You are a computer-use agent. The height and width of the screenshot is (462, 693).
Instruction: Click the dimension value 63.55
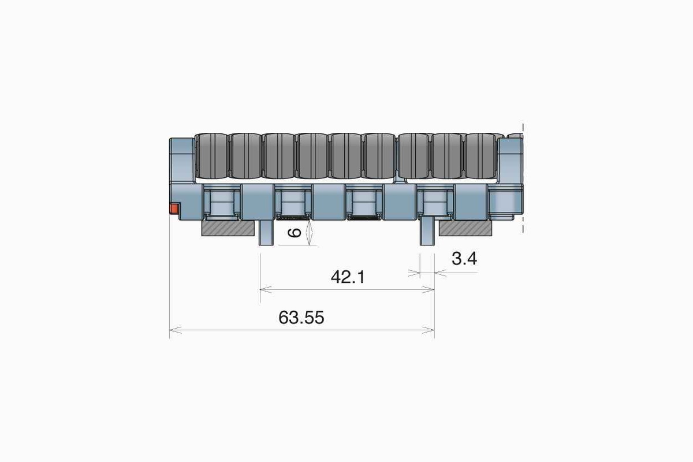(x=301, y=318)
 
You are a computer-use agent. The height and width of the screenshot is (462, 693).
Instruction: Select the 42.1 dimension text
(x=348, y=277)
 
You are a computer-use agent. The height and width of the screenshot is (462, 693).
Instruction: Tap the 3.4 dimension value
(x=464, y=259)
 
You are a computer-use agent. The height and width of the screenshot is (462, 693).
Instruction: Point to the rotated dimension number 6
(x=294, y=232)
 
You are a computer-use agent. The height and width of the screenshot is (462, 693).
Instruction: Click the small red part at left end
(x=174, y=208)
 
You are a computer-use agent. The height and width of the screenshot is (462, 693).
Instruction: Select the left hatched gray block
(x=228, y=228)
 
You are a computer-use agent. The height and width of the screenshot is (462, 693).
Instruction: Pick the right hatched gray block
(x=465, y=228)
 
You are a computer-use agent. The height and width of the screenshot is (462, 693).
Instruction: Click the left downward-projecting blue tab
(x=266, y=233)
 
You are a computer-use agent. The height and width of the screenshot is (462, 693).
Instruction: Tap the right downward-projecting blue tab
(x=427, y=231)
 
